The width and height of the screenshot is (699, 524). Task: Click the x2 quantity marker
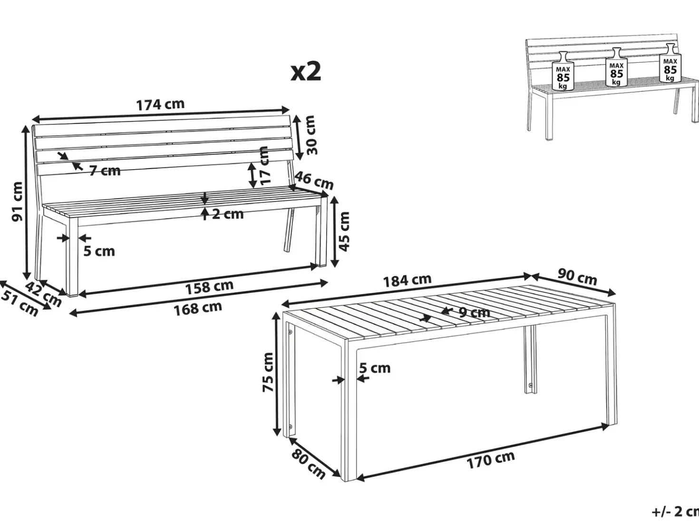306,72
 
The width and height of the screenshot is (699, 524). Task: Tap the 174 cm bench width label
161,105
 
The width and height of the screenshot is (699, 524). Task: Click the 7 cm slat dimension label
105,171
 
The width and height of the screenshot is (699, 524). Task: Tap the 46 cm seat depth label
314,181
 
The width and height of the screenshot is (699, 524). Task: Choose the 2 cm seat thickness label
228,214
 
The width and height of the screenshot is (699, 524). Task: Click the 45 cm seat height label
344,232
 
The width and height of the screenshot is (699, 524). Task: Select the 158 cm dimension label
209,287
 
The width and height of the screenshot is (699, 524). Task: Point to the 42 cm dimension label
43,294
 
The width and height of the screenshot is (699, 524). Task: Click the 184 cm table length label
408,280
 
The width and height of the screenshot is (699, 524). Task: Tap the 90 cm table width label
577,277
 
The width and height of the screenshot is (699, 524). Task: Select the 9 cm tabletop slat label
474,313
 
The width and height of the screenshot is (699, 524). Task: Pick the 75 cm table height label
268,372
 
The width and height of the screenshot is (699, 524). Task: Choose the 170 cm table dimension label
491,460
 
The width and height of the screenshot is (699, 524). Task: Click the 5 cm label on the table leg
375,368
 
